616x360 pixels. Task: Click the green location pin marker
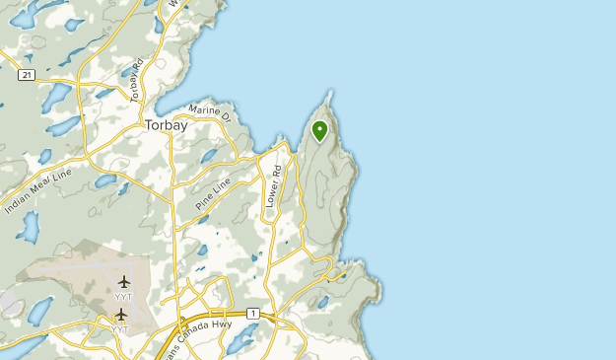pos(319,129)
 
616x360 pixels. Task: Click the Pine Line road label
pos(213,192)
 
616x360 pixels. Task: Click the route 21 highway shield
pos(27,75)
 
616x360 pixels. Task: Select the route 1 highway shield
pos(253,314)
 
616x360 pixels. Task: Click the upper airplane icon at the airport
pos(124,282)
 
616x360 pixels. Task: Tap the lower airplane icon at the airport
pos(121,315)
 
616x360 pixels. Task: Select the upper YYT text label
pos(124,296)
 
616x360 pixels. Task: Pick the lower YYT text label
pos(120,328)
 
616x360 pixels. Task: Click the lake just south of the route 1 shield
pos(239,338)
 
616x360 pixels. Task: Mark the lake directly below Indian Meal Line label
pos(29,228)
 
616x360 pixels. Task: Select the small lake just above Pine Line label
pos(209,156)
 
